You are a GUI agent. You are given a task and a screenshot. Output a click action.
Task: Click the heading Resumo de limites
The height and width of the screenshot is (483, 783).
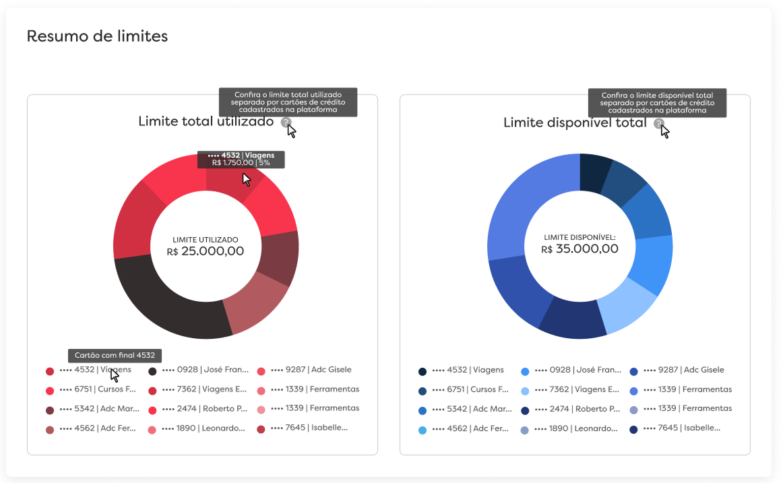coord(97,36)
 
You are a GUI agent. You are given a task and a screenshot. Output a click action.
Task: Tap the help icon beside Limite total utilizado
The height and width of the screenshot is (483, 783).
coord(286,123)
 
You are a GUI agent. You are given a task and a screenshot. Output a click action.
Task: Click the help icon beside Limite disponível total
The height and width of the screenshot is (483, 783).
coord(659,123)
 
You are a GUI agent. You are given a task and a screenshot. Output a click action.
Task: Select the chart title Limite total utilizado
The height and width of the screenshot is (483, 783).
coord(206,122)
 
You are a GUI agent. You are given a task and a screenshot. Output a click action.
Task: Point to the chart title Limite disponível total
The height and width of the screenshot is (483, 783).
coord(575,123)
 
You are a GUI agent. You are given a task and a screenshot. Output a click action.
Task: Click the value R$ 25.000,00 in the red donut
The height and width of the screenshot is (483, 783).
coord(206,251)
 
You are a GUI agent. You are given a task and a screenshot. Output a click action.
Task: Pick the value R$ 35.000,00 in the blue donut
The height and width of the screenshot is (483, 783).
coord(580,249)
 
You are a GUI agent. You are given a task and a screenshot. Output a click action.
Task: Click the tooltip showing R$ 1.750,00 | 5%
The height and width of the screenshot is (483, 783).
coord(241,160)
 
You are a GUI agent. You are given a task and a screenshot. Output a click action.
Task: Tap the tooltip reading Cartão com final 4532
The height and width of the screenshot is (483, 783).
coord(115,355)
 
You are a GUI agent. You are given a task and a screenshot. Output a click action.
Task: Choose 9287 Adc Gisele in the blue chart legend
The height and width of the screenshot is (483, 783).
coord(683,370)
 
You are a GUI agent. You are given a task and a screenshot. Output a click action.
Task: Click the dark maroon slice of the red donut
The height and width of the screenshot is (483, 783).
coord(280,259)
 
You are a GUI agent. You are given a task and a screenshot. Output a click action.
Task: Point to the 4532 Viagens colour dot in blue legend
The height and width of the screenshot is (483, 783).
coord(422,371)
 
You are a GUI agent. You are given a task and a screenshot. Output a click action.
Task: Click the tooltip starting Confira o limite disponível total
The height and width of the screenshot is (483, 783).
coord(657,103)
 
